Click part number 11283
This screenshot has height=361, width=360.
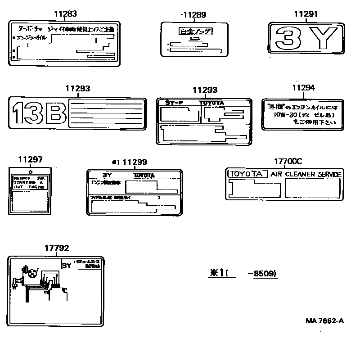[x=65, y=14]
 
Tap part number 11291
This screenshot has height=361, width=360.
[x=306, y=14]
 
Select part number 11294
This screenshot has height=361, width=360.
[x=303, y=88]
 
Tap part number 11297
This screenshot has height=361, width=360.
[x=31, y=160]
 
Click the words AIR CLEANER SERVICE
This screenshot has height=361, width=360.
[x=306, y=174]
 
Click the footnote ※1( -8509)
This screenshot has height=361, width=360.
[x=243, y=273]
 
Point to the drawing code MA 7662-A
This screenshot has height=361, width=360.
[x=324, y=320]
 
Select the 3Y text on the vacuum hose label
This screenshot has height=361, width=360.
[x=67, y=266]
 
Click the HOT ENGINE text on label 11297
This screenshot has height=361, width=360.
[x=28, y=186]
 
